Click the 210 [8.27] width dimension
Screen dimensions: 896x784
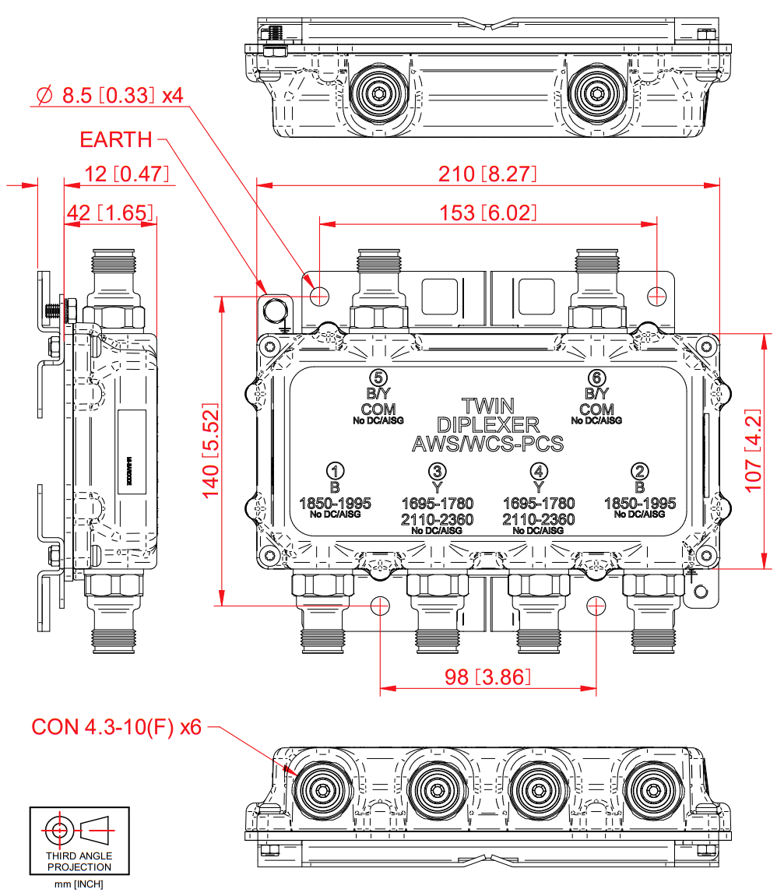pyautogui.click(x=487, y=174)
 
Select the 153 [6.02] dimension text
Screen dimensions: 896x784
pyautogui.click(x=487, y=213)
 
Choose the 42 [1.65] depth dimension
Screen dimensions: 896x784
pyautogui.click(x=109, y=212)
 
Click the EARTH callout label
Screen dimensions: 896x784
pyautogui.click(x=116, y=140)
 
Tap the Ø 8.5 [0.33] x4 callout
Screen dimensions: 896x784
pyautogui.click(x=110, y=96)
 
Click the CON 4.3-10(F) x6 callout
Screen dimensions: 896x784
pyautogui.click(x=116, y=727)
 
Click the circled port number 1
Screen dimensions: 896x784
pyautogui.click(x=335, y=471)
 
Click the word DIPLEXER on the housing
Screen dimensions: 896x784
pyautogui.click(x=487, y=425)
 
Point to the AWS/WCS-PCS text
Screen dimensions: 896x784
pyautogui.click(x=487, y=444)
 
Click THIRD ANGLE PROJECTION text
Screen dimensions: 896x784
pyautogui.click(x=79, y=861)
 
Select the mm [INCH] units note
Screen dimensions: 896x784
pyautogui.click(x=79, y=884)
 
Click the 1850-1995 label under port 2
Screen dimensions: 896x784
pyautogui.click(x=639, y=503)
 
